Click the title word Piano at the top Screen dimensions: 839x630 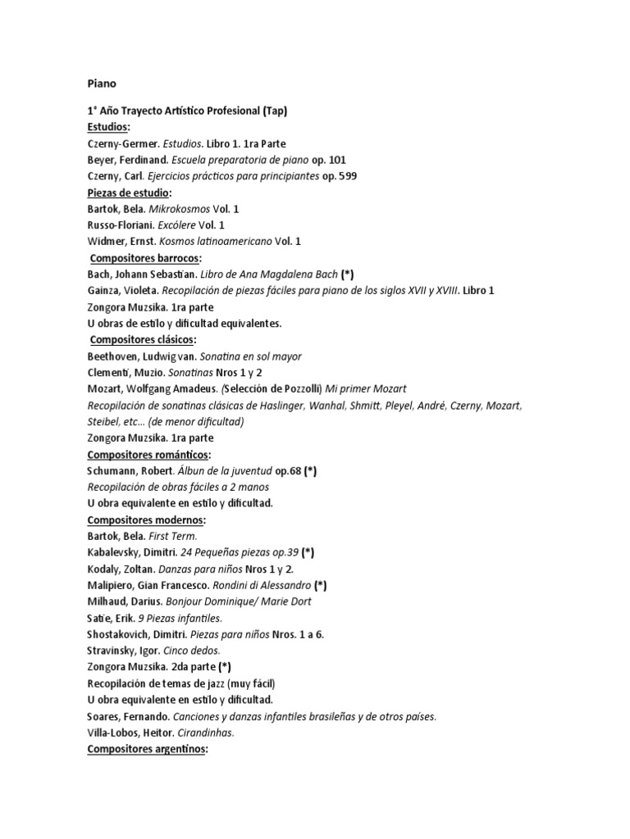102,83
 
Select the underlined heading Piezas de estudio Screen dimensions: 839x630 127,193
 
